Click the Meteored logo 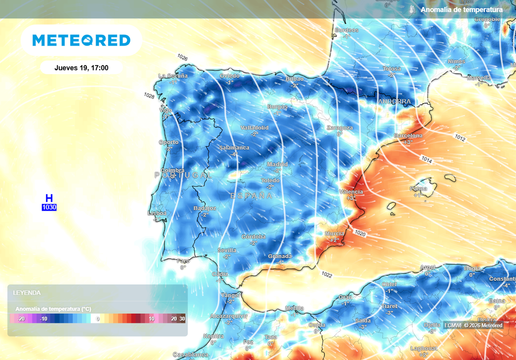[x=81, y=40]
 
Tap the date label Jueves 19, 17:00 [x=81, y=68]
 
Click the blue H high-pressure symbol [x=49, y=199]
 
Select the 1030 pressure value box [x=49, y=207]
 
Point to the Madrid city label [x=277, y=164]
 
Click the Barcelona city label [x=408, y=136]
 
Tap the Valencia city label [x=351, y=192]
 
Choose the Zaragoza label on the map [x=339, y=128]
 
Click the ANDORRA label [x=394, y=101]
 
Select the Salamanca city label [x=234, y=148]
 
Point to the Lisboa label [x=157, y=213]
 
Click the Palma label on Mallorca [x=418, y=189]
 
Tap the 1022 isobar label [x=327, y=275]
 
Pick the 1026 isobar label [x=182, y=58]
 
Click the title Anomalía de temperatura [x=462, y=10]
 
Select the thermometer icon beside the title [x=412, y=10]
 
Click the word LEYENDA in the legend [x=27, y=292]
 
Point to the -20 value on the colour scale [x=21, y=319]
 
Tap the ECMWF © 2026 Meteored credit [x=473, y=325]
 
